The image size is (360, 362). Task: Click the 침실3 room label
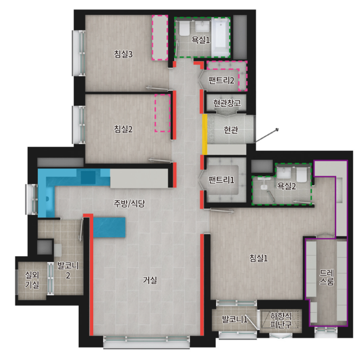coord(123,54)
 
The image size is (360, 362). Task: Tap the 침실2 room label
coord(123,129)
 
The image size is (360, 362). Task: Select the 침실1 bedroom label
coord(258,258)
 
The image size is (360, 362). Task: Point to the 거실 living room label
coord(150,280)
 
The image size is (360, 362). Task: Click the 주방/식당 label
coord(129,203)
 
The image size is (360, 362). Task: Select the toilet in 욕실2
coord(301,175)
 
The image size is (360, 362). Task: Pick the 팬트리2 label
coord(221,80)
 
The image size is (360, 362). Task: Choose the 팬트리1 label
coord(221,180)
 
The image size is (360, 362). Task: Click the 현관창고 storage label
coord(227,103)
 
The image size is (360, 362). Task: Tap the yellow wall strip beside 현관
coord(205,134)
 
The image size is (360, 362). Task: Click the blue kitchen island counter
coord(109,227)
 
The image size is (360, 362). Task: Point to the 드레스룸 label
coord(326,277)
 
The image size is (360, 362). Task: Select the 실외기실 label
coord(32,279)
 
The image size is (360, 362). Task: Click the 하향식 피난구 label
coord(281,320)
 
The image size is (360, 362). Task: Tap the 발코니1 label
coord(235,319)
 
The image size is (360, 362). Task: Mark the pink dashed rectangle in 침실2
coord(163,113)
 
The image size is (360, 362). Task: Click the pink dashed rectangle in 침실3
coord(160,38)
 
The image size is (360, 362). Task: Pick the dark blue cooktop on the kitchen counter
coord(88,177)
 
